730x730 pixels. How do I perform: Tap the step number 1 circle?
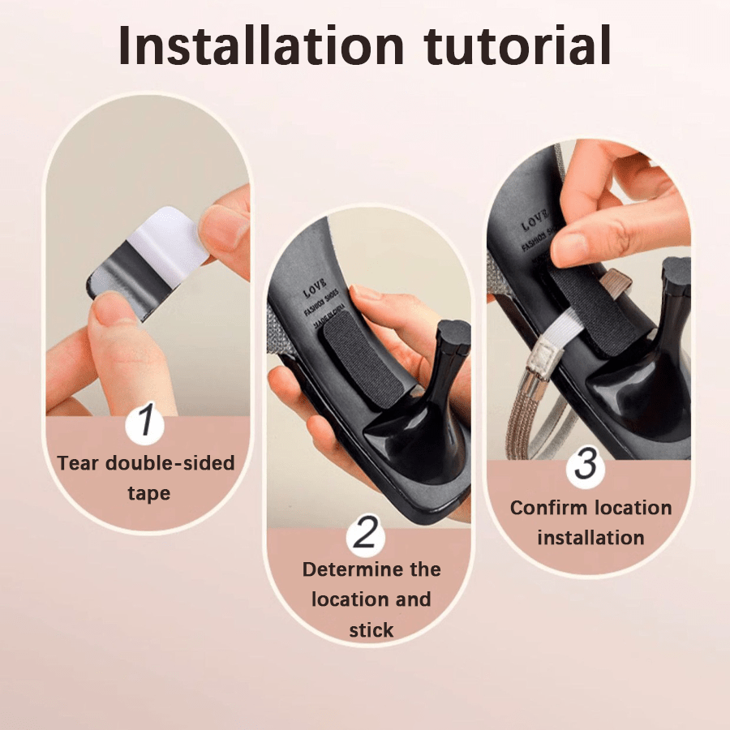coord(146,422)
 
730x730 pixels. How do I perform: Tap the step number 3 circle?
coord(586,465)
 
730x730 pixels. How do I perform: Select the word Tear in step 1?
coord(79,463)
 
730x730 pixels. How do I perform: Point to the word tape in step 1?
coord(148,493)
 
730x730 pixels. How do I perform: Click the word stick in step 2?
coord(371,629)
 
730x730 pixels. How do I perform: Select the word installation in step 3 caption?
coord(590,537)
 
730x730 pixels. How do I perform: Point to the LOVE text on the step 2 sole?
coord(316,291)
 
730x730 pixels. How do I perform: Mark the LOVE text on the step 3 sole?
coord(535,219)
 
